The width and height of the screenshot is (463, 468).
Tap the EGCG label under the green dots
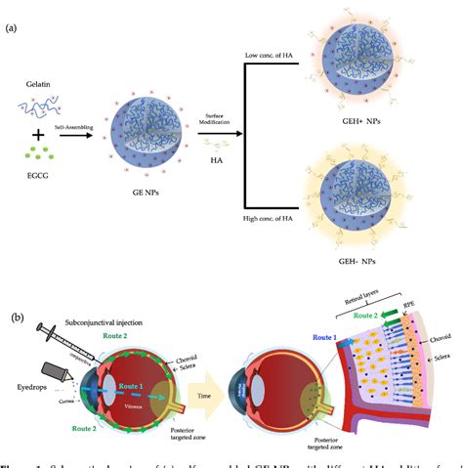[x=36, y=178]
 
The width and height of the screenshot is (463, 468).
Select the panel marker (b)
[x=13, y=319]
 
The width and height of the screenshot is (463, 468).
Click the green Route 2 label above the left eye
[x=115, y=333]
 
